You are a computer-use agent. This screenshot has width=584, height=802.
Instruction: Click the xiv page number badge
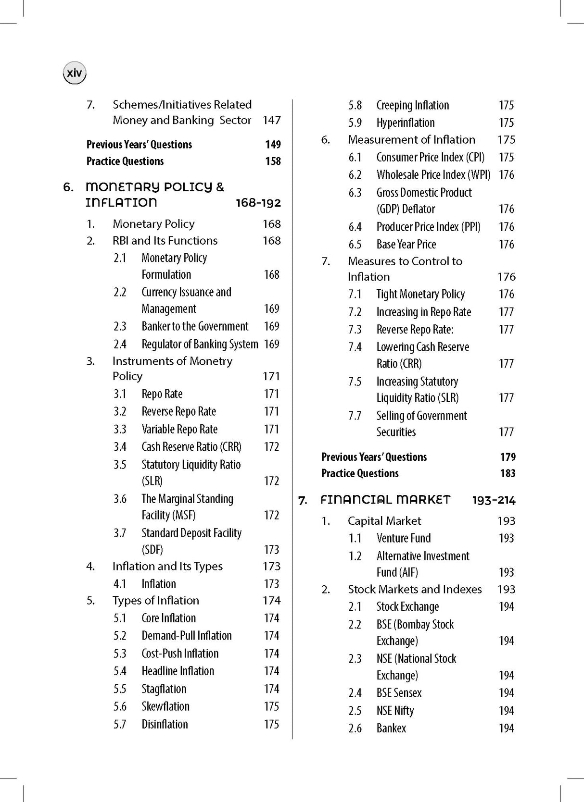[75, 74]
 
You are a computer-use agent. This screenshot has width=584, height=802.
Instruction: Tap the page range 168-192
[258, 203]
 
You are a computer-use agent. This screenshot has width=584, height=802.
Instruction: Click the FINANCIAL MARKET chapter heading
[385, 500]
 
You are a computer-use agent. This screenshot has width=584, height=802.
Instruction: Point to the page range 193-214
[494, 501]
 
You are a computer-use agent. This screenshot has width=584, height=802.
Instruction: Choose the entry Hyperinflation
[405, 123]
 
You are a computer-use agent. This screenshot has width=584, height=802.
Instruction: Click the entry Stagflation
[164, 689]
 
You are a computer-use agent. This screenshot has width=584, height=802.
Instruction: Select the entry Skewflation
[165, 706]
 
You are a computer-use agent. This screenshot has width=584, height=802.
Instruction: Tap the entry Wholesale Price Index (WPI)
[433, 175]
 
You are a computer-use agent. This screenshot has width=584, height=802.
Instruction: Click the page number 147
[271, 120]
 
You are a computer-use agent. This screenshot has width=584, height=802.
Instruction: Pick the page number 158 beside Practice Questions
[273, 161]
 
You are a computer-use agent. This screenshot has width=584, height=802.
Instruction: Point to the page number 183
[508, 473]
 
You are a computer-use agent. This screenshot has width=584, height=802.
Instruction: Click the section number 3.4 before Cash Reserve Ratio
[120, 447]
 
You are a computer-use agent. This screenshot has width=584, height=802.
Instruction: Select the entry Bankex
[391, 728]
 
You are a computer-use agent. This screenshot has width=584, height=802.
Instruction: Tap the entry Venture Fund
[404, 538]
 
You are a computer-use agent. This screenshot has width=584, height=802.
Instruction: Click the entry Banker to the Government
[195, 326]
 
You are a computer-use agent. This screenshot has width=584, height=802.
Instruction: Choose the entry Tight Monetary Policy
[420, 294]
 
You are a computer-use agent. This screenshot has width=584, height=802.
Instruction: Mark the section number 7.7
[355, 416]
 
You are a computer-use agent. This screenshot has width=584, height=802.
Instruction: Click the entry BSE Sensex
[399, 693]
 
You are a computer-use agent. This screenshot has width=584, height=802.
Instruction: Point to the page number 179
[508, 457]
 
